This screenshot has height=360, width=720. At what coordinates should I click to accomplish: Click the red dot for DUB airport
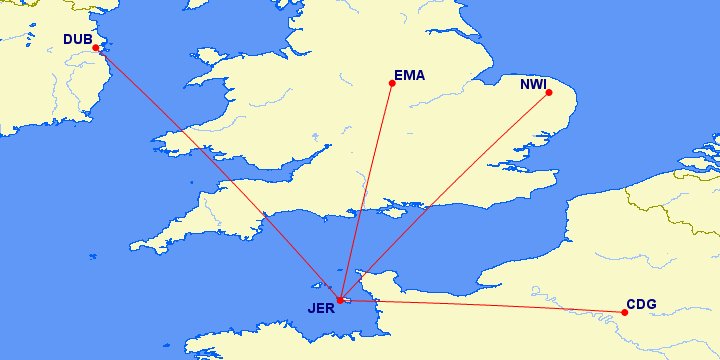coord(96,48)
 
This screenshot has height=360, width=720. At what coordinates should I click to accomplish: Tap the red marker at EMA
coord(392,83)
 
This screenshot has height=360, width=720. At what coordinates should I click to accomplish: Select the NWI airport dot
coord(548,93)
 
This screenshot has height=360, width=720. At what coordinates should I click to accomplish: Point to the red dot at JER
coord(341,300)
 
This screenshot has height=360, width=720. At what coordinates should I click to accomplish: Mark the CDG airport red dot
coord(625,312)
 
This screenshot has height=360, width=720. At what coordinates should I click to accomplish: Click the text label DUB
coord(76,40)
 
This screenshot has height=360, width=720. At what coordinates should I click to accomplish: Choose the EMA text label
coord(410,75)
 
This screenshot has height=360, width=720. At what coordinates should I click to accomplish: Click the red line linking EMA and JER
coord(367,190)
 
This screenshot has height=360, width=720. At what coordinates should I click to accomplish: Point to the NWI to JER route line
coord(445,196)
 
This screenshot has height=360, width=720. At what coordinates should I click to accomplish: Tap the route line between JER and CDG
coord(483,306)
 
